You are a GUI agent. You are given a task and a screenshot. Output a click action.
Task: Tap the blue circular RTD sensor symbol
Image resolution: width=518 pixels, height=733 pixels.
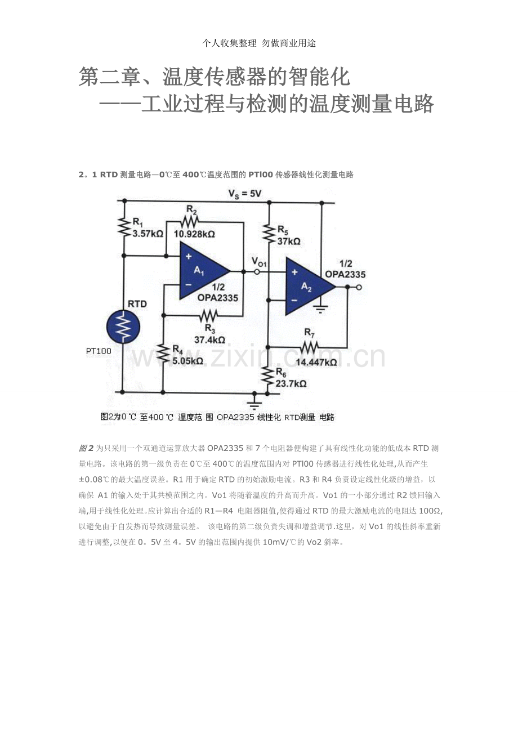123,327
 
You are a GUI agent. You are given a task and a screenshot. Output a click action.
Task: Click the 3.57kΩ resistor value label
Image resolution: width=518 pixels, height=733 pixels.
148,234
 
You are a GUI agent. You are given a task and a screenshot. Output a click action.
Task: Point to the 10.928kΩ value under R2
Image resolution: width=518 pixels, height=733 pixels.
194,234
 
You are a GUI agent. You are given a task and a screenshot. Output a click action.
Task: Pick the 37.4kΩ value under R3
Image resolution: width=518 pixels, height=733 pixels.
210,340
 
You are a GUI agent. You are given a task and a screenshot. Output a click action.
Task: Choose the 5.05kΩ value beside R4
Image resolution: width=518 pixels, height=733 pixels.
188,361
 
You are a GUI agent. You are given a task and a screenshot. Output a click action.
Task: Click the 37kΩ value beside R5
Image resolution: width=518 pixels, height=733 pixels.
289,242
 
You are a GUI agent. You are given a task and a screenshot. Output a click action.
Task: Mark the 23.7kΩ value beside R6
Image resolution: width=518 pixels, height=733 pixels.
291,383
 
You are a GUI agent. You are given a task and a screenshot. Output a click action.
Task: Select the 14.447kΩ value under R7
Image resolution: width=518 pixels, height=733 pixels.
316,363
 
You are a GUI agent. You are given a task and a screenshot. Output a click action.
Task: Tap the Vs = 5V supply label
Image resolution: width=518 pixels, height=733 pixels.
245,194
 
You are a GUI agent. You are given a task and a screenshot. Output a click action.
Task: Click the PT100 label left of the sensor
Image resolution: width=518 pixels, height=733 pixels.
99,351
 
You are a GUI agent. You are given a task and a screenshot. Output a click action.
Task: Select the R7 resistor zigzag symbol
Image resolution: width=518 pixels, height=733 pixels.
309,347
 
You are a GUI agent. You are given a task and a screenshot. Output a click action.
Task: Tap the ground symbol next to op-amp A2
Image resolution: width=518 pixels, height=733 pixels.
320,309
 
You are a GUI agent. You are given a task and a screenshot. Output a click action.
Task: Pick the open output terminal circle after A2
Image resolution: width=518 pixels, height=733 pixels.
359,287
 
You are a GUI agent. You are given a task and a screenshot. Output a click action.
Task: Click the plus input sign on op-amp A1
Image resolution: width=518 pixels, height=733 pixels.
189,257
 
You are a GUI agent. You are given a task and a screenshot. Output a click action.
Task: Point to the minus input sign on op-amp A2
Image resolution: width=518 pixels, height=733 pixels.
294,301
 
